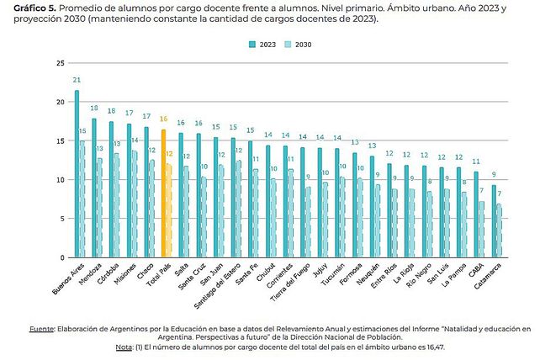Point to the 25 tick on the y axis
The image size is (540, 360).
tap(60, 63)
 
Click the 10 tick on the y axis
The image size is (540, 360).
tap(60, 179)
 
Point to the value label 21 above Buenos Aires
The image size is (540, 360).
tap(76, 81)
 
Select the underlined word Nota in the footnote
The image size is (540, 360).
tap(123, 347)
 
